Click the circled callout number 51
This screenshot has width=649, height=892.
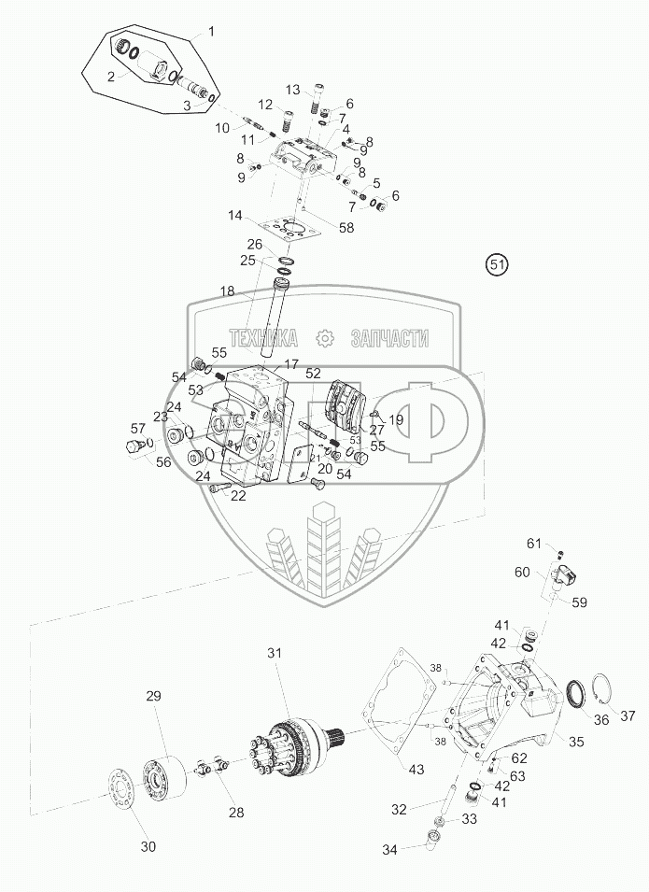(x=496, y=264)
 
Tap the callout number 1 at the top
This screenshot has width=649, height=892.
(x=211, y=32)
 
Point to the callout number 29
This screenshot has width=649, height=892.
(x=153, y=696)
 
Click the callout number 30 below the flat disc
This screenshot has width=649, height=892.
(x=148, y=847)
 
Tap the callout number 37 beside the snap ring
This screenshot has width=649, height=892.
(x=627, y=715)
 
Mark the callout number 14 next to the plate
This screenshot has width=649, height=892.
(x=235, y=216)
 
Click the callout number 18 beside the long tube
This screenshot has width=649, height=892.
(x=228, y=292)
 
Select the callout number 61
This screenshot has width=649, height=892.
(x=533, y=543)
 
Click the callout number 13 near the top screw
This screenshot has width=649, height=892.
(x=293, y=90)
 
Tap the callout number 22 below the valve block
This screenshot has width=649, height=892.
(x=239, y=496)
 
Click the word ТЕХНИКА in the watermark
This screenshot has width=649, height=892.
(x=263, y=337)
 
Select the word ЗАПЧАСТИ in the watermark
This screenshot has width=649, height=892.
(x=388, y=337)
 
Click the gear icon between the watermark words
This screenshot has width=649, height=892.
(x=325, y=337)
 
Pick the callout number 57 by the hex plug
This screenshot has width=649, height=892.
(x=138, y=428)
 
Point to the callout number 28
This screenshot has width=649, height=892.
(x=236, y=812)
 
